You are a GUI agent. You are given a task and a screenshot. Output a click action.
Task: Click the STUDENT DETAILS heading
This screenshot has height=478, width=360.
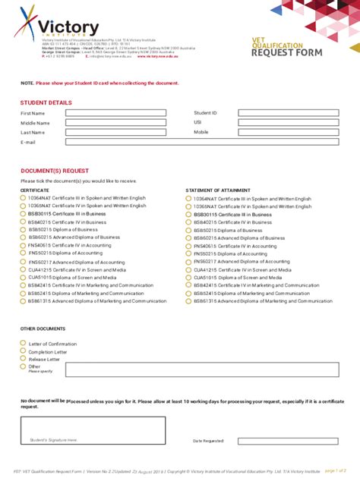coord(46,102)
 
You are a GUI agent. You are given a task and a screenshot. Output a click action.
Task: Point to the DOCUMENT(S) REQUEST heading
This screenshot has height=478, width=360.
coord(55,171)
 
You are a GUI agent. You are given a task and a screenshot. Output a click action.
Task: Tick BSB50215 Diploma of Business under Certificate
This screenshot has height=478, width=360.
coord(24,229)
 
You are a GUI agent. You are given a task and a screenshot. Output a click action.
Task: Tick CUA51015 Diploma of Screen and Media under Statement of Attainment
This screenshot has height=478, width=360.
coord(188,277)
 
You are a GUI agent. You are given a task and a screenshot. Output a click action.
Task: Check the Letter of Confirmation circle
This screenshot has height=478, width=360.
coord(24,344)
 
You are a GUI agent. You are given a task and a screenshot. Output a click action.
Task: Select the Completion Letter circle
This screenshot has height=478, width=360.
coord(24,351)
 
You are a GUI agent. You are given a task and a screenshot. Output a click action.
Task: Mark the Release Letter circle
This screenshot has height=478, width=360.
coord(24,359)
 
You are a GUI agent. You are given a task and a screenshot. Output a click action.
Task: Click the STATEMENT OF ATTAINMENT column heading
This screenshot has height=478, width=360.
coord(219,190)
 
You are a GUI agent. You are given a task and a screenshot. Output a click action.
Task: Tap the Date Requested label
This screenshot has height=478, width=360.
coord(208,441)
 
